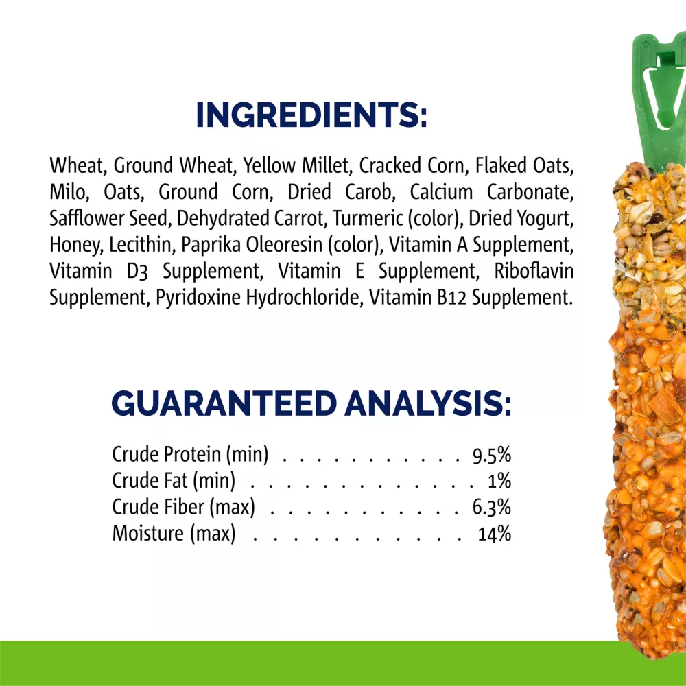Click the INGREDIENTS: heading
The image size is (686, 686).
click(x=311, y=115)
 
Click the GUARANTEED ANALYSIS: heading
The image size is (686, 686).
click(x=311, y=403)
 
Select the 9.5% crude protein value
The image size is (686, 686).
click(x=491, y=455)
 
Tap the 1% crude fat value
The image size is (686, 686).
click(x=499, y=481)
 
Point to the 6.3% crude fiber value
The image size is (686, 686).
click(x=491, y=508)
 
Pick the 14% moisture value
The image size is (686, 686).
click(x=495, y=534)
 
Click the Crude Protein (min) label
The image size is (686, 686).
click(x=190, y=455)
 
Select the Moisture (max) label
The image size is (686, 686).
click(x=174, y=534)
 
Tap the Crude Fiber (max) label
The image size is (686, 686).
click(x=183, y=508)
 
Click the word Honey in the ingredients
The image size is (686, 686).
click(x=76, y=246)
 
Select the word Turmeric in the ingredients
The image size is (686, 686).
click(x=368, y=218)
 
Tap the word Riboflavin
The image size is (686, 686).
click(x=534, y=271)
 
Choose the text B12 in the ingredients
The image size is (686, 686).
click(x=451, y=298)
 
